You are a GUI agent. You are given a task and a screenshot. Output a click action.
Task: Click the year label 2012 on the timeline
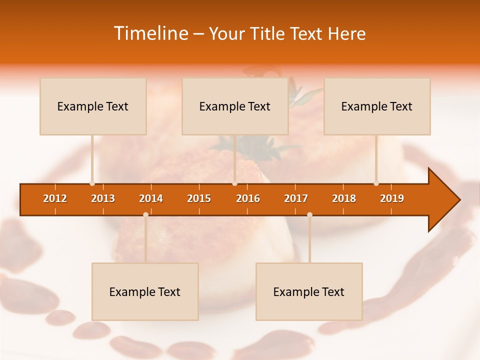click(x=55, y=198)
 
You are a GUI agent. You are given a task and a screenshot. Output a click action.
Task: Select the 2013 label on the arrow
click(x=103, y=198)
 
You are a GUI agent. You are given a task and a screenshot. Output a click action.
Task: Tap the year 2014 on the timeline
click(x=151, y=198)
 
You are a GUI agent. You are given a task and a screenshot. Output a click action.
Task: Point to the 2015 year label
click(x=199, y=198)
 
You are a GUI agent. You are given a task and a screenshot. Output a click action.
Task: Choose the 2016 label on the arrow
click(x=248, y=198)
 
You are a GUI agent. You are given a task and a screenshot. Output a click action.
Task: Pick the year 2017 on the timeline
click(x=296, y=198)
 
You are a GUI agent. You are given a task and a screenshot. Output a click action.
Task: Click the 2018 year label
click(x=344, y=198)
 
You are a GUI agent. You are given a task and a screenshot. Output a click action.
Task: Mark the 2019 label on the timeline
click(x=392, y=198)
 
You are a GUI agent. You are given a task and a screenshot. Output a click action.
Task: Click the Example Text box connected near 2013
click(x=93, y=106)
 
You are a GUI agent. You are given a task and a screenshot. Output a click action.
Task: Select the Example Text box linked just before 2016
click(x=235, y=106)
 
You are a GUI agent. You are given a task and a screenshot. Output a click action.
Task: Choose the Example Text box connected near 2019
click(x=377, y=106)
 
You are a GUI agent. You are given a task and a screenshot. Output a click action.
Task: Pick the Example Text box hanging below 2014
click(x=145, y=291)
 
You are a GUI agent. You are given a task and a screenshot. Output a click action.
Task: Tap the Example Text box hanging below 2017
click(x=309, y=291)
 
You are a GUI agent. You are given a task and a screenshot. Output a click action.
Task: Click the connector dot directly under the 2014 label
click(x=145, y=215)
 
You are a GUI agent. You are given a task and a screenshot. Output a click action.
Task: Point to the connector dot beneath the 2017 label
click(x=309, y=215)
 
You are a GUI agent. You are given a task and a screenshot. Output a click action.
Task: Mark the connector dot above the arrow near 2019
click(x=376, y=183)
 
